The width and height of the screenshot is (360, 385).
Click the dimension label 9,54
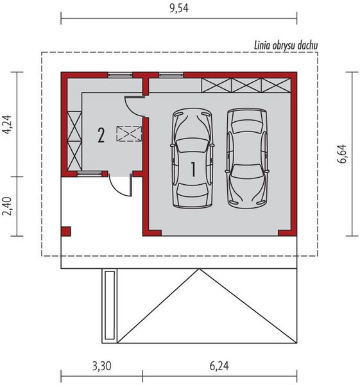[x=179, y=8]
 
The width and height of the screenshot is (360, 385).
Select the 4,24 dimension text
[x=7, y=124]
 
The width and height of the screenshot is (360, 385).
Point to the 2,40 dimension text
[x=7, y=206]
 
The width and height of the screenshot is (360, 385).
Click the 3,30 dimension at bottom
[x=101, y=366]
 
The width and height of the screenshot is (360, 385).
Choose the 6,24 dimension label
[x=219, y=366]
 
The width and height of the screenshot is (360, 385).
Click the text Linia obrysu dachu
[x=286, y=46]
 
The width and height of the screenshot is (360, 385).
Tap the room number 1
[x=194, y=169]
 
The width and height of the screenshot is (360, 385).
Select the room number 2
[x=101, y=135]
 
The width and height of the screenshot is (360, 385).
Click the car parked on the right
[x=247, y=158]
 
